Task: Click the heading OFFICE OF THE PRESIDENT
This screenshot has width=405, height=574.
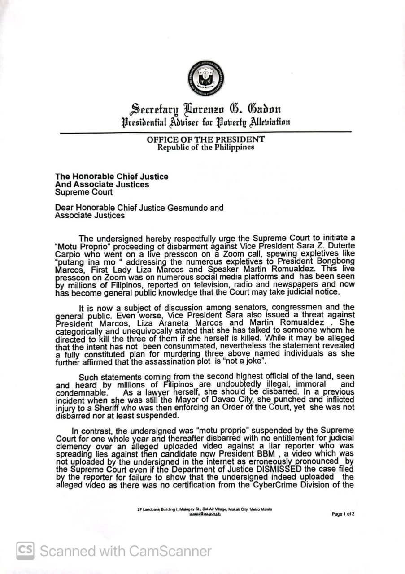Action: click(206, 139)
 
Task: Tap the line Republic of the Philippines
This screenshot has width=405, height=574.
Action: click(206, 147)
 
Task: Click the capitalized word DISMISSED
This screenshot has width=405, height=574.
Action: click(268, 469)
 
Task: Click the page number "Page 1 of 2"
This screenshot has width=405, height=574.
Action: click(343, 514)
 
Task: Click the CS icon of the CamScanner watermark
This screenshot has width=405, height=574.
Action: click(26, 551)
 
